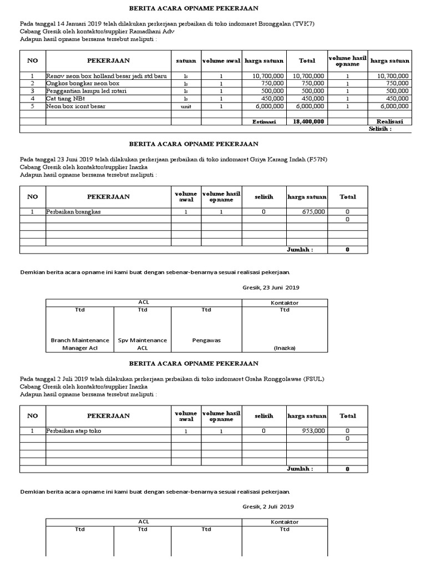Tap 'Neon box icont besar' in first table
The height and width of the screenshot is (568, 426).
click(75, 106)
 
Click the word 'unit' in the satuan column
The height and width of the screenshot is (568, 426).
click(186, 106)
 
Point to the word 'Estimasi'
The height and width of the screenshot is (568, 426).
click(264, 121)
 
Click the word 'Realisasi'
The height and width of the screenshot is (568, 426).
click(390, 121)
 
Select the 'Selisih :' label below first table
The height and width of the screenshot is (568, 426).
click(381, 129)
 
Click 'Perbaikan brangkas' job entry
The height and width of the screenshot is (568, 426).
click(74, 212)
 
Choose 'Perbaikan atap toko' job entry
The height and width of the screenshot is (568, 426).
click(74, 431)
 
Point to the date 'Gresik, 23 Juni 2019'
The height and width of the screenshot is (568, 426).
click(271, 288)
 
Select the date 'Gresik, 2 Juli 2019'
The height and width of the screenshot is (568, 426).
click(268, 506)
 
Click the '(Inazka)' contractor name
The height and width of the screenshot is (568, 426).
click(284, 348)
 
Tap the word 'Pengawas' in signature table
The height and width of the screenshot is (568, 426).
click(206, 340)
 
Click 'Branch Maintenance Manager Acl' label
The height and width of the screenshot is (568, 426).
click(80, 344)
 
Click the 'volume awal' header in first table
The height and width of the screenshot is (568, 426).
click(220, 61)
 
